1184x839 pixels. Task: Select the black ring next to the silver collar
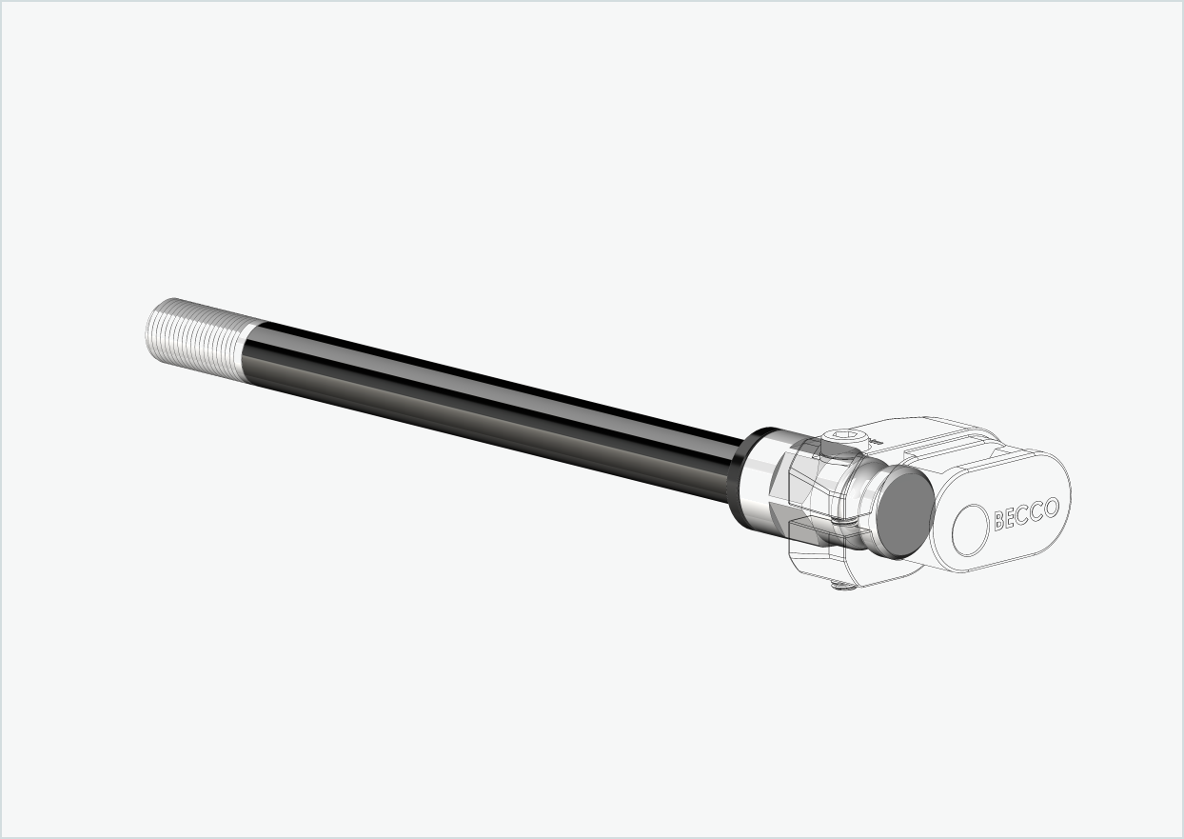741,475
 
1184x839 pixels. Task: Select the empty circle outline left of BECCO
972,529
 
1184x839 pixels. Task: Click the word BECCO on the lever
1026,514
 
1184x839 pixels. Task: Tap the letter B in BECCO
999,521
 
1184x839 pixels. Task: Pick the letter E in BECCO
1012,518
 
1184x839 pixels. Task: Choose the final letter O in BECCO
1051,508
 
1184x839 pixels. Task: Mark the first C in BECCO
1024,515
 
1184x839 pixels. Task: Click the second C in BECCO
1037,511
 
